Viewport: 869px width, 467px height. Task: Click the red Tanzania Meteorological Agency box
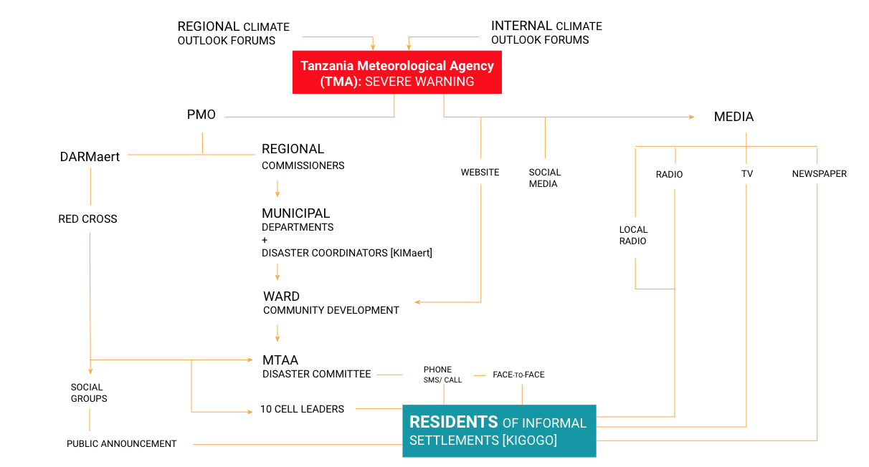click(396, 73)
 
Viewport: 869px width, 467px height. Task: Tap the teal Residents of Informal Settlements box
click(498, 430)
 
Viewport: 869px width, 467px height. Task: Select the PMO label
click(201, 115)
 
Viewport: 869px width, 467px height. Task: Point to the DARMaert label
click(90, 156)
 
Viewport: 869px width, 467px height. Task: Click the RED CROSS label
click(87, 219)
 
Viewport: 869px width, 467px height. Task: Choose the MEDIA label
click(733, 117)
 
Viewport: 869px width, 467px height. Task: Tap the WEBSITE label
click(480, 173)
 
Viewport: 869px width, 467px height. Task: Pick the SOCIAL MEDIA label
click(545, 178)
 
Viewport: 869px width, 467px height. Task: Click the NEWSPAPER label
click(819, 174)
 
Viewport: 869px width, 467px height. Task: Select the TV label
click(746, 174)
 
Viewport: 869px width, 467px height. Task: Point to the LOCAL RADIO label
click(633, 235)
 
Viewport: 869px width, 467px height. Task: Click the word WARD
click(281, 297)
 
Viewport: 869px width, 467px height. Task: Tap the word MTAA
click(280, 360)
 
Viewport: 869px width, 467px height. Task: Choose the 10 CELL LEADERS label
click(302, 409)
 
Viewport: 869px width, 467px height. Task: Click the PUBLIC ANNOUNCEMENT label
click(121, 444)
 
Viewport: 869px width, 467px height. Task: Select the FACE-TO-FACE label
click(518, 375)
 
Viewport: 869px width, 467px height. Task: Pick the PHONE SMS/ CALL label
click(442, 375)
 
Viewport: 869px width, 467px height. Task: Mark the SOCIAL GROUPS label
click(88, 393)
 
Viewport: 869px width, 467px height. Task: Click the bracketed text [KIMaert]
click(409, 253)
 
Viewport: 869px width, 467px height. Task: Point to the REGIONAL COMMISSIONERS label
click(303, 157)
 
